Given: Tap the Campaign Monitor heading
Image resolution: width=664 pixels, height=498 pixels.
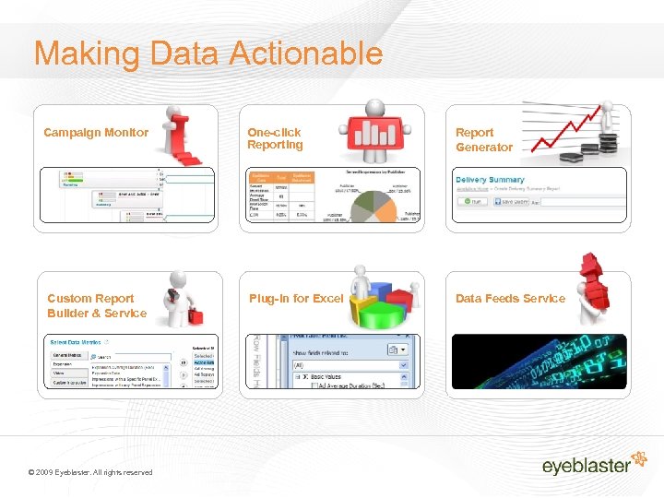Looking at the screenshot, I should point(96,133).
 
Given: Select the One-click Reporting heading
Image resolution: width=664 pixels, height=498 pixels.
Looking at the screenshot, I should point(275,138).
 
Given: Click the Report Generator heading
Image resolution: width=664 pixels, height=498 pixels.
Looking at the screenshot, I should point(483,139).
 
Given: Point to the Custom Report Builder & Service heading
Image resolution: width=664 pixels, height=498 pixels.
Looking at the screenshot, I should point(96,305).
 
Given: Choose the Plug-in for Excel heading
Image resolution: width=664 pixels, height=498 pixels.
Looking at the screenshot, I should point(295,299).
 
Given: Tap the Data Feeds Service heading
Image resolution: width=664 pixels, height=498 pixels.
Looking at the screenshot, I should point(510,299).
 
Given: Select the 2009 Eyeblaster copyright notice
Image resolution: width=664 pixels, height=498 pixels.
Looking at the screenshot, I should point(90,472).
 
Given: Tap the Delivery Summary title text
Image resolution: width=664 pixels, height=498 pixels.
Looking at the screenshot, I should point(490,180).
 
